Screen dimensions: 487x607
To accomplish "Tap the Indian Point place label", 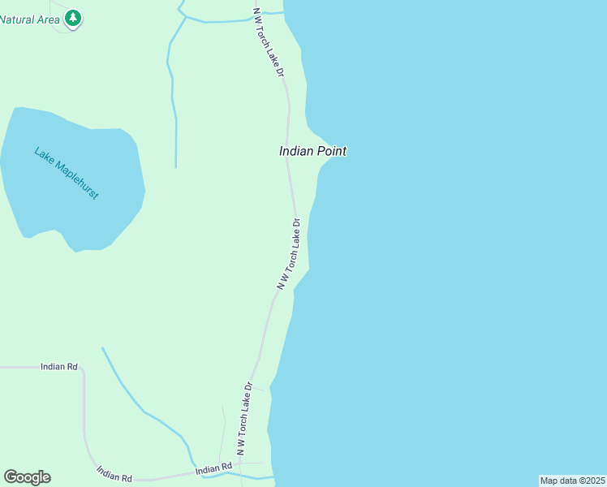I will [312, 151].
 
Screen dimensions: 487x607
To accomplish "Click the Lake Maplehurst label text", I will [67, 173].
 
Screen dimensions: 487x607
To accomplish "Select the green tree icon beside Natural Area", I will [73, 18].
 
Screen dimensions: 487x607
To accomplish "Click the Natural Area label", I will [29, 18].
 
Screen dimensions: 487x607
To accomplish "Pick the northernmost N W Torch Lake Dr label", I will [269, 42].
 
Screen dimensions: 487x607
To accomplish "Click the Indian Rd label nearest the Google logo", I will [114, 473].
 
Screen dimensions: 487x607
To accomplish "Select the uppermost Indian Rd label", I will [58, 367].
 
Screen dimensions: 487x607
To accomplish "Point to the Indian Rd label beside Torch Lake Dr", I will [213, 469].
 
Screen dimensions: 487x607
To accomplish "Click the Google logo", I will [27, 477].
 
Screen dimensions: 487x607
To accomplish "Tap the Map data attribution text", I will [573, 481].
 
